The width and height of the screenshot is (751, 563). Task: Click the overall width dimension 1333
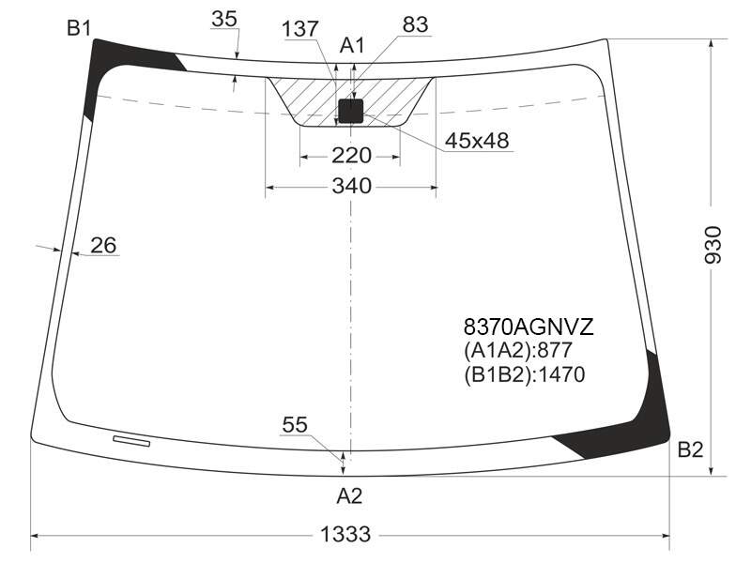click(x=345, y=534)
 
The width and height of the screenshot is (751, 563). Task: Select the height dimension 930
click(x=713, y=245)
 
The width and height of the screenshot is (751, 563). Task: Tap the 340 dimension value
click(x=351, y=186)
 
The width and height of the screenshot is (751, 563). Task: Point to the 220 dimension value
click(x=351, y=156)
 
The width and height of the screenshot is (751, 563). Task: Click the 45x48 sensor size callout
click(x=477, y=141)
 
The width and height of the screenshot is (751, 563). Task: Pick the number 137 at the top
click(x=299, y=29)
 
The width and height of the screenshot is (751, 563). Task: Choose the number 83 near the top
click(x=415, y=24)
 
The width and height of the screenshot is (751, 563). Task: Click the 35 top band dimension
click(x=224, y=19)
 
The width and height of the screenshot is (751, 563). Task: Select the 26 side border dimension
click(x=103, y=245)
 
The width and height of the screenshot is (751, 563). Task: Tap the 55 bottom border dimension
click(x=295, y=425)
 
